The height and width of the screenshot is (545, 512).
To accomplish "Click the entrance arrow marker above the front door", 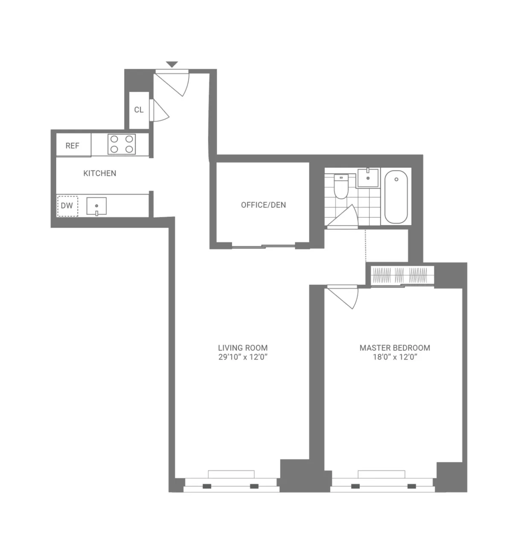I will click(172, 64).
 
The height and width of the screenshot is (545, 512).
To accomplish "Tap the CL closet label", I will click(139, 110).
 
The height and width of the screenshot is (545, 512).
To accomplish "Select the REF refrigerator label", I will click(73, 146).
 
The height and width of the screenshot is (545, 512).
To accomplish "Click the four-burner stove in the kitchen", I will click(122, 144).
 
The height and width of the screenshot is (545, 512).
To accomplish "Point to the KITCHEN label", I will click(99, 173).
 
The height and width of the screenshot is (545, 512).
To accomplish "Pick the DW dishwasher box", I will click(67, 206).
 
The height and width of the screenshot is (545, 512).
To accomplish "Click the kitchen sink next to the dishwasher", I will click(97, 206).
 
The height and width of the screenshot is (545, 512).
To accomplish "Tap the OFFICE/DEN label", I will click(263, 205).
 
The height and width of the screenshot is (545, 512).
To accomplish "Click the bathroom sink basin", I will click(367, 178).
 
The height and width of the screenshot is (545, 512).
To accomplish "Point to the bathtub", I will click(396, 196).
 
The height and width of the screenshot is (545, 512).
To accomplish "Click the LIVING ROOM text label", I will click(243, 348).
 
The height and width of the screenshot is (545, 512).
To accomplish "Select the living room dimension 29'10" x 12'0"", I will click(243, 358).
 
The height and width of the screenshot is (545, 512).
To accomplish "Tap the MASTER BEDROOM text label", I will click(395, 348).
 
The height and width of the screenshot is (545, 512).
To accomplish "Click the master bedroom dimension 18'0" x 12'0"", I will click(395, 358).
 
